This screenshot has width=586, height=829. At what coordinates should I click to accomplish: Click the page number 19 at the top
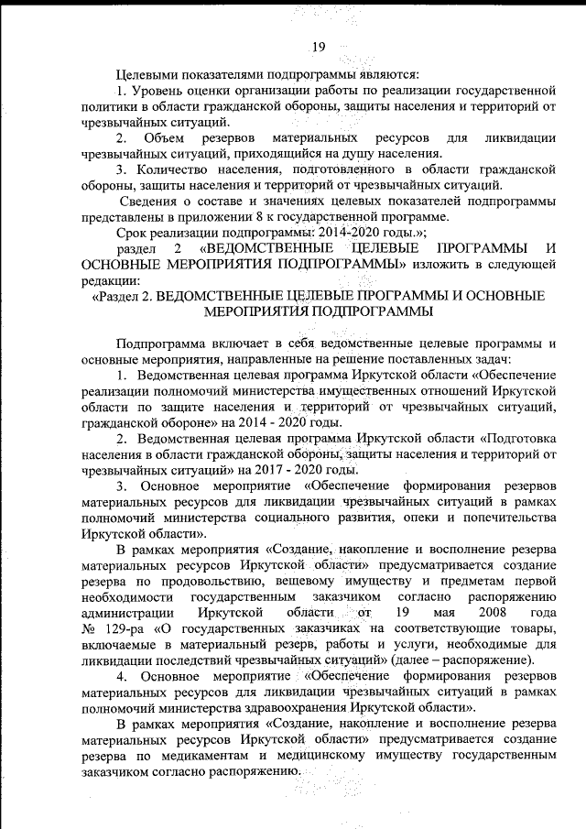point(319,49)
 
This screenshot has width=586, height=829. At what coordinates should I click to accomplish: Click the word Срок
point(136,234)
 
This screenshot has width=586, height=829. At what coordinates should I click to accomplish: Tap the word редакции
point(110,280)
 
